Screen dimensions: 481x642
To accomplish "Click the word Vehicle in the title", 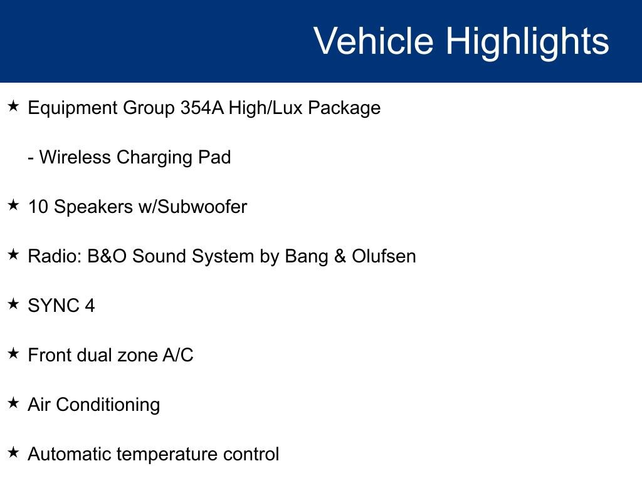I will pyautogui.click(x=373, y=41).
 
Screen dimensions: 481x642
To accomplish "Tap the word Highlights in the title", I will pyautogui.click(x=527, y=41).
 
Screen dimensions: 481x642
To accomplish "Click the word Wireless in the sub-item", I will pyautogui.click(x=75, y=157).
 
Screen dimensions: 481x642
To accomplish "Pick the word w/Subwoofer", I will pyautogui.click(x=192, y=207).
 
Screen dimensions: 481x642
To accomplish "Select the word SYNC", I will pyautogui.click(x=53, y=306).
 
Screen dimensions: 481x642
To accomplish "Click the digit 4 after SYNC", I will pyautogui.click(x=90, y=306).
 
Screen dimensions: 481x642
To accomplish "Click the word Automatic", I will pyautogui.click(x=70, y=454).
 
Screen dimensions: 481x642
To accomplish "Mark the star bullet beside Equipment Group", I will pyautogui.click(x=13, y=107).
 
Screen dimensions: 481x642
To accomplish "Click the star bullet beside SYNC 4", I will pyautogui.click(x=13, y=305).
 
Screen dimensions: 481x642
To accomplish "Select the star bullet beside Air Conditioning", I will pyautogui.click(x=13, y=404).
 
